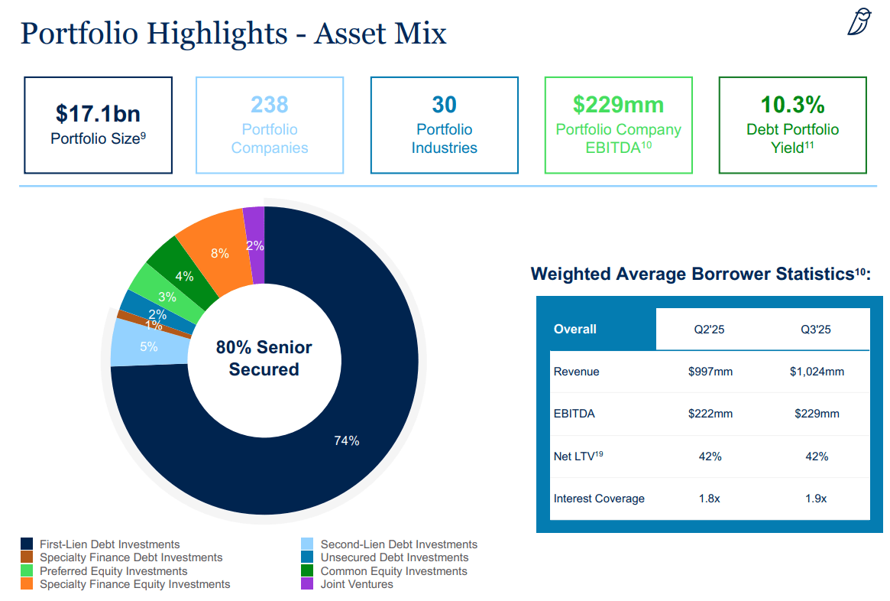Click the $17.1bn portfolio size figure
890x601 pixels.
tap(98, 113)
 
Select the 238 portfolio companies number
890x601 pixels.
tap(270, 104)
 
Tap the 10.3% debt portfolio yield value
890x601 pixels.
tap(792, 104)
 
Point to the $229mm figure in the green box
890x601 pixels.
tap(618, 104)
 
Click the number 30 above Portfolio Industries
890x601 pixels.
tap(444, 104)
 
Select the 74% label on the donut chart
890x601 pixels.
tap(346, 440)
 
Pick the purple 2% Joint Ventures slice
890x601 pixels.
tap(254, 245)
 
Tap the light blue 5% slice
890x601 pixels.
tap(148, 346)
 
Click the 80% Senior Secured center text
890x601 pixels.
tap(264, 359)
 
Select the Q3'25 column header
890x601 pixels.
tap(816, 330)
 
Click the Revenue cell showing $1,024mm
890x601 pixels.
tap(816, 372)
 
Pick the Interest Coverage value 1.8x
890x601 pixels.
tap(710, 499)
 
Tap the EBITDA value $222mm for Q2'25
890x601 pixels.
tap(710, 414)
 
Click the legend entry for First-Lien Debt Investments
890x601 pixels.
tap(109, 544)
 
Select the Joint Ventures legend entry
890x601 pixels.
tap(357, 584)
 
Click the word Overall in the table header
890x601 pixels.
tap(575, 329)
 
